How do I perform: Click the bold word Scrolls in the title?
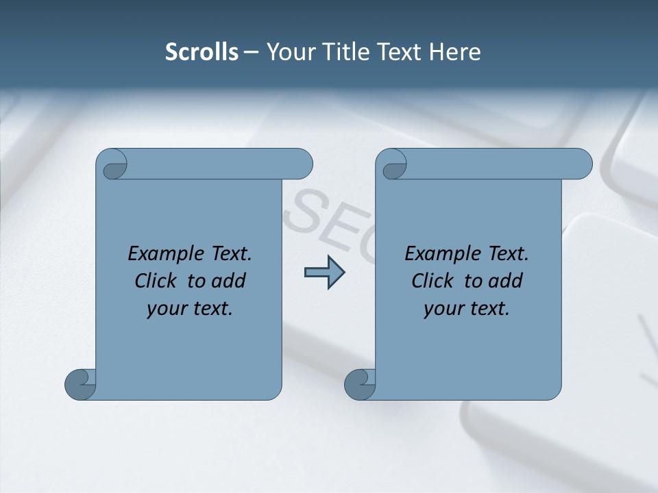(202, 52)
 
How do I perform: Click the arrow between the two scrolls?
(324, 273)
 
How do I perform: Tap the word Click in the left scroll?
(158, 281)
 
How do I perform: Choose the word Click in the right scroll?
(434, 281)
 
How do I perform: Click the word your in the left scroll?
(166, 309)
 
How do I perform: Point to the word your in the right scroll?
(443, 309)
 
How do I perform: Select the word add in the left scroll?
(228, 281)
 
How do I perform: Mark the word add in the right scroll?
(505, 281)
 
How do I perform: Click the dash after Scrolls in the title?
(251, 53)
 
